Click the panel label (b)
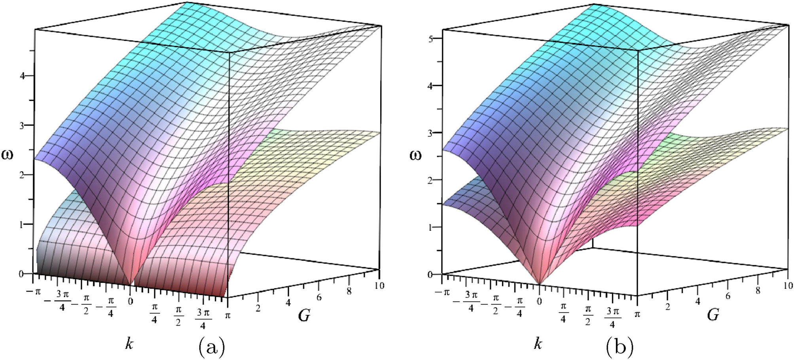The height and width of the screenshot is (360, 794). click(x=620, y=347)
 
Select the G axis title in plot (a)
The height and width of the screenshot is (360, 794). click(x=304, y=315)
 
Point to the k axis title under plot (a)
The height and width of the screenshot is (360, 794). click(x=129, y=343)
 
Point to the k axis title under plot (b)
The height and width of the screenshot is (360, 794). click(x=538, y=343)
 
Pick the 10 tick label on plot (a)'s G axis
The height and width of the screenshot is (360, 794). click(x=379, y=285)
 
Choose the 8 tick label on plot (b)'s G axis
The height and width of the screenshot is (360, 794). click(x=758, y=291)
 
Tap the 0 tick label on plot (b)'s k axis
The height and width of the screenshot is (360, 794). click(x=539, y=301)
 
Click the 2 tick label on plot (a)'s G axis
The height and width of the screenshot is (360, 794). click(x=258, y=308)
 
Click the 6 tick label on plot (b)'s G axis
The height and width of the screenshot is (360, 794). click(x=728, y=296)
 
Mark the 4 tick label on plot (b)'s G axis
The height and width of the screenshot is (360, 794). click(x=697, y=301)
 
